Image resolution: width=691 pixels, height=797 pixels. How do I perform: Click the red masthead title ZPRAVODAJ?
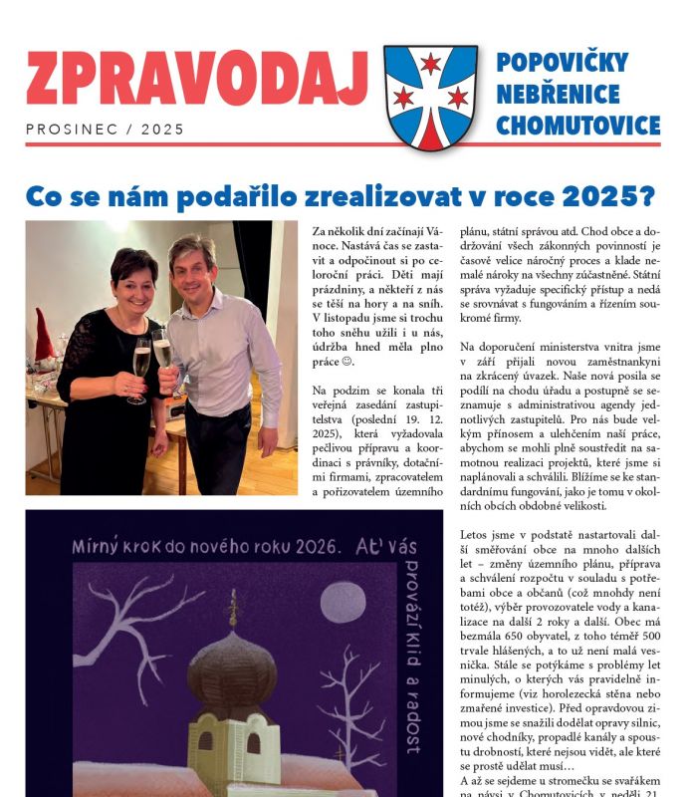[197, 79]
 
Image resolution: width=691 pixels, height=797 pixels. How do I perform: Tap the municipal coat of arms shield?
[430, 97]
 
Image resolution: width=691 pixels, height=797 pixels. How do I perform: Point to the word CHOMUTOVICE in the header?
[577, 126]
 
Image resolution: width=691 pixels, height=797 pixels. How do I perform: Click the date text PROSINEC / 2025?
[105, 129]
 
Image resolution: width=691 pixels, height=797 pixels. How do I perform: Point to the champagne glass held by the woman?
[141, 364]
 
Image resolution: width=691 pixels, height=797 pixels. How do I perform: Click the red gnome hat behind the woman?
[45, 333]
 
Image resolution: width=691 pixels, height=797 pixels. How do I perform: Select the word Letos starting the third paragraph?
[476, 535]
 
